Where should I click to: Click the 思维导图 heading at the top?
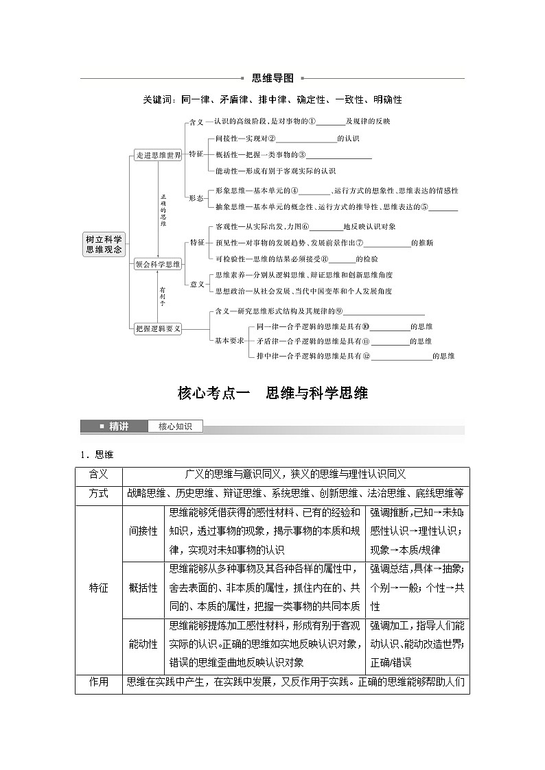[x=272, y=78]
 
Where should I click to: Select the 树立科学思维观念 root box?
[x=104, y=245]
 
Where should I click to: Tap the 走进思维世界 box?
[x=158, y=156]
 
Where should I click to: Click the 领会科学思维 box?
[x=158, y=263]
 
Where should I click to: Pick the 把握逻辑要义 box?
[x=158, y=328]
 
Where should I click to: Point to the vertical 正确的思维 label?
[x=163, y=209]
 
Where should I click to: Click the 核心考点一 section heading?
[x=272, y=393]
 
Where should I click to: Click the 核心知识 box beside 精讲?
[x=175, y=426]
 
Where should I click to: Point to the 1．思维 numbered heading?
[x=95, y=454]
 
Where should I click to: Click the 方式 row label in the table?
[x=99, y=494]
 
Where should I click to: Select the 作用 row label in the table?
[x=99, y=682]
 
